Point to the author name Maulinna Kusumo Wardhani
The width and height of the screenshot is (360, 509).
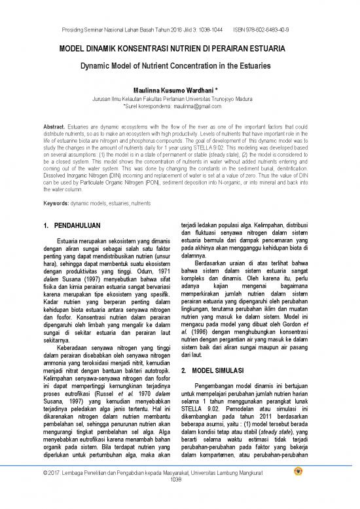coord(179,90)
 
